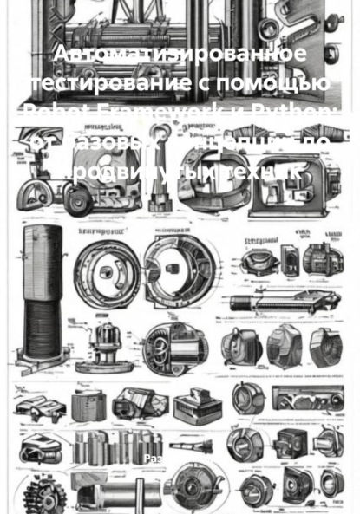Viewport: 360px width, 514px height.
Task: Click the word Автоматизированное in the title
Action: [180, 55]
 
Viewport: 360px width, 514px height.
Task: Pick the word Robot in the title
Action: [59, 113]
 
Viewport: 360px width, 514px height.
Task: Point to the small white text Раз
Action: [152, 458]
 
